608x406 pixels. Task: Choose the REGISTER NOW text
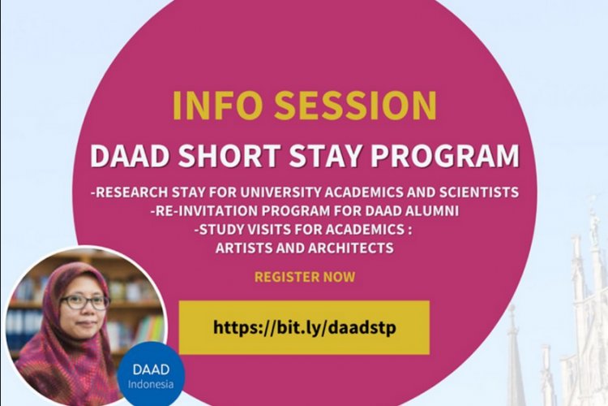[304, 277]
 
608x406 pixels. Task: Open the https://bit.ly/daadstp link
[304, 327]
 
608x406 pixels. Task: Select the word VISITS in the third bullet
[270, 230]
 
